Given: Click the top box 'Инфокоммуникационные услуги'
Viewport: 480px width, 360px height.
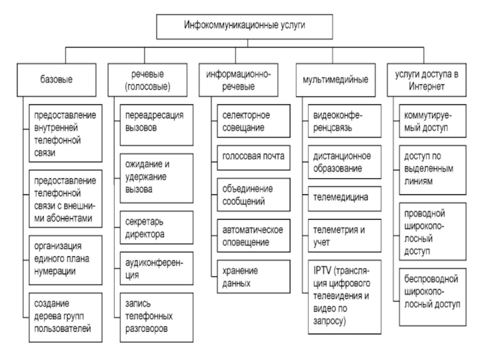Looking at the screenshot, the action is tap(244, 26).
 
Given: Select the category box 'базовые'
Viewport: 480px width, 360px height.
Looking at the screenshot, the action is tap(56, 80).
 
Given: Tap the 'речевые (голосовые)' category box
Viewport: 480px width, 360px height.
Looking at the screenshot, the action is tap(148, 80).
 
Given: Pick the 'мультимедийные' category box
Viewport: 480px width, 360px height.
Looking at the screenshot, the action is tap(335, 80).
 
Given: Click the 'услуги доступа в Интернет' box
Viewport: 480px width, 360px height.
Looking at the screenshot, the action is tap(427, 80).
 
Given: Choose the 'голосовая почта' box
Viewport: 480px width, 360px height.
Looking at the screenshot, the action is tap(253, 158).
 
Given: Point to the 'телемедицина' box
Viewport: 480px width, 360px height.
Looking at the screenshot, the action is tap(344, 199).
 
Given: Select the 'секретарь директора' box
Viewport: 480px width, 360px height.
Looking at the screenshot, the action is tap(157, 227).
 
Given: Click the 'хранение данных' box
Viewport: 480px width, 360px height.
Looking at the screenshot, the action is tap(253, 277).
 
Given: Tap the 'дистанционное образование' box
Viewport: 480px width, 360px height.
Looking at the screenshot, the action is tap(344, 162).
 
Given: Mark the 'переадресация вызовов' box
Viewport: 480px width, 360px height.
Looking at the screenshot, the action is tap(157, 125).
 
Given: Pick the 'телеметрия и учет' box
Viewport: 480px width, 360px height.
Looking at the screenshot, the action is tap(344, 236).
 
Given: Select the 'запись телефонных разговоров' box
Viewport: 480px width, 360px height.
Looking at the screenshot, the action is tap(157, 317).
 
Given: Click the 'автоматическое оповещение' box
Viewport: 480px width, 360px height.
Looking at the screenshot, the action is tap(253, 236).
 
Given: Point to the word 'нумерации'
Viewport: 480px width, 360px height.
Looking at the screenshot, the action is tap(55, 272).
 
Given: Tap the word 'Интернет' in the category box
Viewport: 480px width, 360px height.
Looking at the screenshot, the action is tap(427, 86).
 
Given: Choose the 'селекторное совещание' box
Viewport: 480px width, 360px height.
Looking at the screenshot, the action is tap(253, 121).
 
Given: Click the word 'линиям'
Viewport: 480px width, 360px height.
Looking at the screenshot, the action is tap(418, 181).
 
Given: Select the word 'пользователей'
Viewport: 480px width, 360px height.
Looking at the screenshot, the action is tap(62, 329).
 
